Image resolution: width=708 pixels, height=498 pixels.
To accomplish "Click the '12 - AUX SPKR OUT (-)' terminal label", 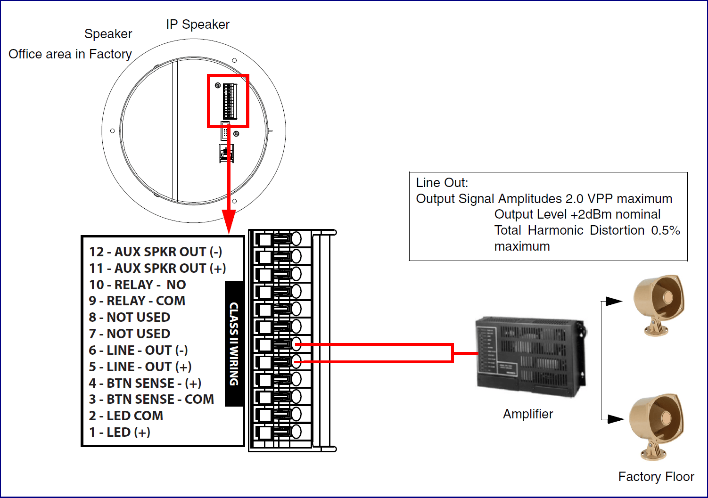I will coord(156,252).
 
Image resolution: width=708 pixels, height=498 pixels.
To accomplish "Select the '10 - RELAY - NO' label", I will coord(137,285).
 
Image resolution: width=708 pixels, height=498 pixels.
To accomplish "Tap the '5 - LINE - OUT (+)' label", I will coord(140,367).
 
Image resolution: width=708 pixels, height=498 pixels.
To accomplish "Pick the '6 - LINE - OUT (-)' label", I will coord(138,351).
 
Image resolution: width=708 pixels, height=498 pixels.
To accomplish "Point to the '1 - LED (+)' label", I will coord(120,433).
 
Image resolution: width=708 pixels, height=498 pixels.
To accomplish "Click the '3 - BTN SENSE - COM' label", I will coord(151,400).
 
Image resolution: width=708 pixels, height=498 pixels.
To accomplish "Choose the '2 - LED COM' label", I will coord(126,416).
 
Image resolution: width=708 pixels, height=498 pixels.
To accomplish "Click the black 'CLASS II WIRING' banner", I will coord(234,344).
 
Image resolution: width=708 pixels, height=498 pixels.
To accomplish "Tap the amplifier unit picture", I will coord(531,356).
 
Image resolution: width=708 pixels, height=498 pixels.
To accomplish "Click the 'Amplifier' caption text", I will coord(528,414).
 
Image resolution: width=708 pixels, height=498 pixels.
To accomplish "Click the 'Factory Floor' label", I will coord(656,477).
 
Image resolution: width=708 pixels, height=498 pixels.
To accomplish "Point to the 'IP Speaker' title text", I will coord(198,24).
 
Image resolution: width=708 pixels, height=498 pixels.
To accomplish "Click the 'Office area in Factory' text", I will coord(70,54).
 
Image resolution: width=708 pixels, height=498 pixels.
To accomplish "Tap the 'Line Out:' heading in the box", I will coord(442,183).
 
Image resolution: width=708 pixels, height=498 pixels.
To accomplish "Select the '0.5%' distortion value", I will coord(666,230).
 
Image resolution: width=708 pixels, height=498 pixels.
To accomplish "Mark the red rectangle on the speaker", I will coord(228,101).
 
